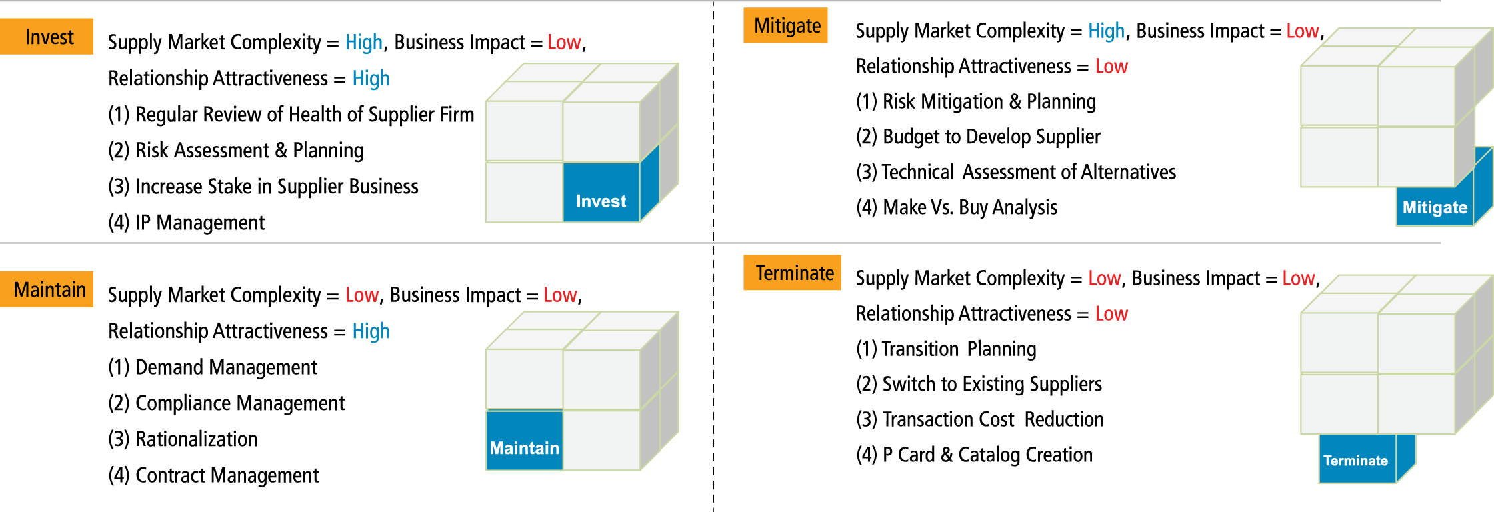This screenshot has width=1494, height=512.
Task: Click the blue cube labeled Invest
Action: coord(601,193)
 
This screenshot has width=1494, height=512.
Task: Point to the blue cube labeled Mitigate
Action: coord(1435,207)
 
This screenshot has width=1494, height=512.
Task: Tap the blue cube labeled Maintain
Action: coord(525,441)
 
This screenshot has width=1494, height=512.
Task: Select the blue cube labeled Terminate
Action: coord(1357,459)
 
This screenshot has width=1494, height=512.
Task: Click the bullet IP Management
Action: coord(187,223)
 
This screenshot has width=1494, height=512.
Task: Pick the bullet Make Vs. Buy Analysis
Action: coord(957,207)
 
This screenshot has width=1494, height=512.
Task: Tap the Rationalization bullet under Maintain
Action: coord(183,439)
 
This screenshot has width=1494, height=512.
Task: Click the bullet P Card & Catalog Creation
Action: coord(974,455)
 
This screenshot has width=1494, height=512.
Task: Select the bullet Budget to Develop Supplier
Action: coord(978,137)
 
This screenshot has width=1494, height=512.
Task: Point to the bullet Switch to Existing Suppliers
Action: coord(979,384)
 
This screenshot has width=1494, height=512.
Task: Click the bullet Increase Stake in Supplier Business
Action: coord(263,187)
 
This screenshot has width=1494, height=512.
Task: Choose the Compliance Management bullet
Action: coord(227,403)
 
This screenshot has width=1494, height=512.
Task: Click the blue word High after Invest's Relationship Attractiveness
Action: coord(371,79)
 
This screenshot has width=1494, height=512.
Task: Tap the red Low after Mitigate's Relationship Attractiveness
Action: coord(1111,67)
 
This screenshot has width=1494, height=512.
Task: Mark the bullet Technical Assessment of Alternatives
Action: coord(1016,172)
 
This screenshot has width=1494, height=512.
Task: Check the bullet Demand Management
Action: coord(213,367)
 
